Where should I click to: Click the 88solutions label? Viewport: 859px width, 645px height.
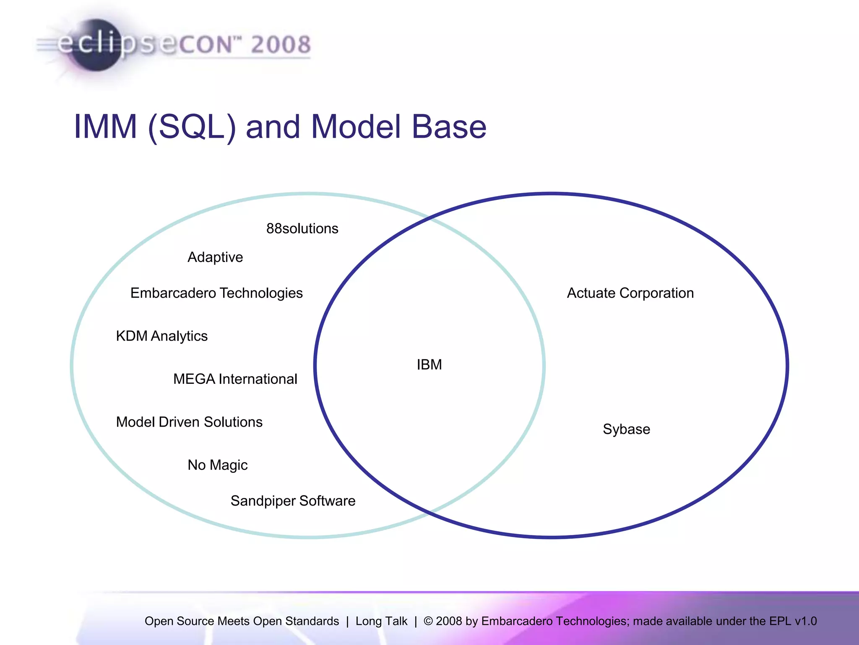[302, 228]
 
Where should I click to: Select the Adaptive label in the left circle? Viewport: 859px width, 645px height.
[215, 257]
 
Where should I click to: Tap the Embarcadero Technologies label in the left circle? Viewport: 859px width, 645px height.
[216, 293]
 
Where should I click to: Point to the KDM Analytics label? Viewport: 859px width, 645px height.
[161, 336]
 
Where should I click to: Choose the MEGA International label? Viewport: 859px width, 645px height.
[235, 379]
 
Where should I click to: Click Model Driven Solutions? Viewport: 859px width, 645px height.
[189, 422]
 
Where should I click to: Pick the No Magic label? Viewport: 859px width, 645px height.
[217, 465]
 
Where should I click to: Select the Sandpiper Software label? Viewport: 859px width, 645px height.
[293, 501]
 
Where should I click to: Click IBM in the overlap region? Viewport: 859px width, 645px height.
[429, 364]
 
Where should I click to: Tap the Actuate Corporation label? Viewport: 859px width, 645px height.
[630, 293]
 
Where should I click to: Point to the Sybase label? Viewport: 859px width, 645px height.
[626, 429]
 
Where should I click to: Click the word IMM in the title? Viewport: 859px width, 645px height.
[105, 126]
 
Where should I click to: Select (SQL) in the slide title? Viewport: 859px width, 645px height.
[192, 127]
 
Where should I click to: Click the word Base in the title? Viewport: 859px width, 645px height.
[449, 126]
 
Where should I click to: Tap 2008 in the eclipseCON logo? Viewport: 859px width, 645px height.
[281, 45]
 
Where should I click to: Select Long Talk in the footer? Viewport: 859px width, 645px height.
[381, 621]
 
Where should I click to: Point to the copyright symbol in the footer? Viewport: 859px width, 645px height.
[428, 621]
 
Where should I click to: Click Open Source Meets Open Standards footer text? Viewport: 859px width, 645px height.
[242, 621]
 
